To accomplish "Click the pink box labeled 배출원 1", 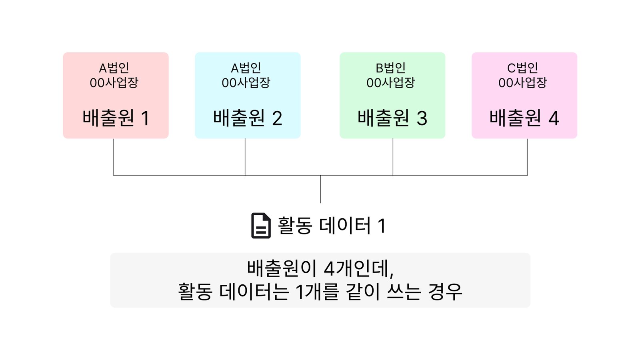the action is tap(116, 96).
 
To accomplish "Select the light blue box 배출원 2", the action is tap(248, 96).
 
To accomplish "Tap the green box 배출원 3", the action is tap(392, 96).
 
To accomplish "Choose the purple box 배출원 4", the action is tap(524, 96).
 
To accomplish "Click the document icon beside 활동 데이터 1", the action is tap(261, 226).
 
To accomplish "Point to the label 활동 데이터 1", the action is tap(332, 226).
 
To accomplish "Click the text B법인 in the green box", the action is tap(390, 68).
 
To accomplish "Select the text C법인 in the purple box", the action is tap(522, 68).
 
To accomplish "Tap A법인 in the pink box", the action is tap(114, 68).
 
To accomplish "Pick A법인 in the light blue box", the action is tap(246, 68).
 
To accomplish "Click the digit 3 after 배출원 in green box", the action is tap(422, 118).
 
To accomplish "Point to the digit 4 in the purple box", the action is tap(554, 118).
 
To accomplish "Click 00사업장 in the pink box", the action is tap(114, 83).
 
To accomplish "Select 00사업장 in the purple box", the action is tap(522, 83).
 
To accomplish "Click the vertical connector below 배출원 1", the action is tap(114, 157).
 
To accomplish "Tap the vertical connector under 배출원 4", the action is tap(528, 157).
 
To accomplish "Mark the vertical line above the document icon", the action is tap(320, 189).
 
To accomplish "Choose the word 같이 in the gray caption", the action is tap(363, 292).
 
